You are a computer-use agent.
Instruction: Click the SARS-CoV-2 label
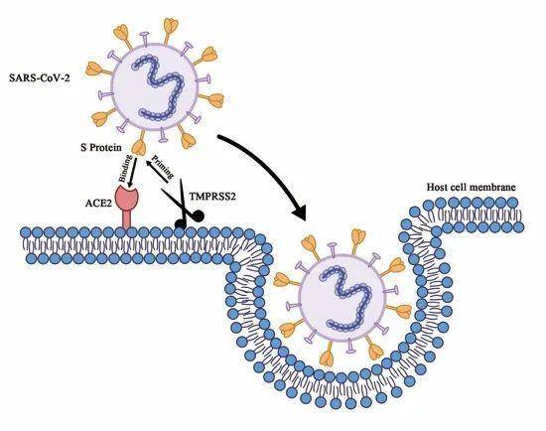coord(40,77)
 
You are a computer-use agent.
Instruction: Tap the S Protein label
coord(101,147)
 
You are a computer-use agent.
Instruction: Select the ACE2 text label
coord(98,203)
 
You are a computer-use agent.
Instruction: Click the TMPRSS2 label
coord(212,197)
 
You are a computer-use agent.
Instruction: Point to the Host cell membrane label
coord(472,187)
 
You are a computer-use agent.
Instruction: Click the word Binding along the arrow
coord(126,168)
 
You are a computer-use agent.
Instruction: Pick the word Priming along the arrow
coord(164,168)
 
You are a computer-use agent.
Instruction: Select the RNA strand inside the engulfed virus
coord(345,297)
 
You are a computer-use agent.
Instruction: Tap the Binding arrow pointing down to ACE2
coord(133,172)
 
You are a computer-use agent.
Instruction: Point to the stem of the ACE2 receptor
coord(127,220)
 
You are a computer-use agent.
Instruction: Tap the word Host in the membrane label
coord(436,187)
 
